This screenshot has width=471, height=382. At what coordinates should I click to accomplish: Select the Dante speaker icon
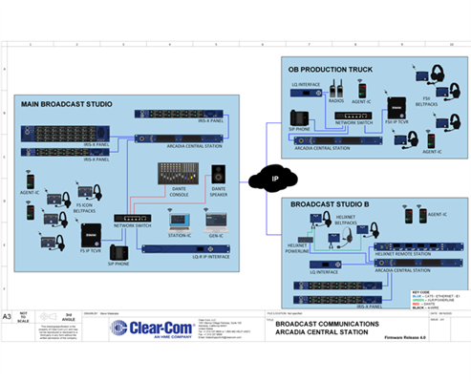point(219,174)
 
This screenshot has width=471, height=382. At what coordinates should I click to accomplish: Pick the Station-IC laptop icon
point(178,223)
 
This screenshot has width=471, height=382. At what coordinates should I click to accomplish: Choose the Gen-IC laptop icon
point(215,223)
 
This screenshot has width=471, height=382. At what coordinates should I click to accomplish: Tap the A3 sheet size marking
point(9,314)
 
